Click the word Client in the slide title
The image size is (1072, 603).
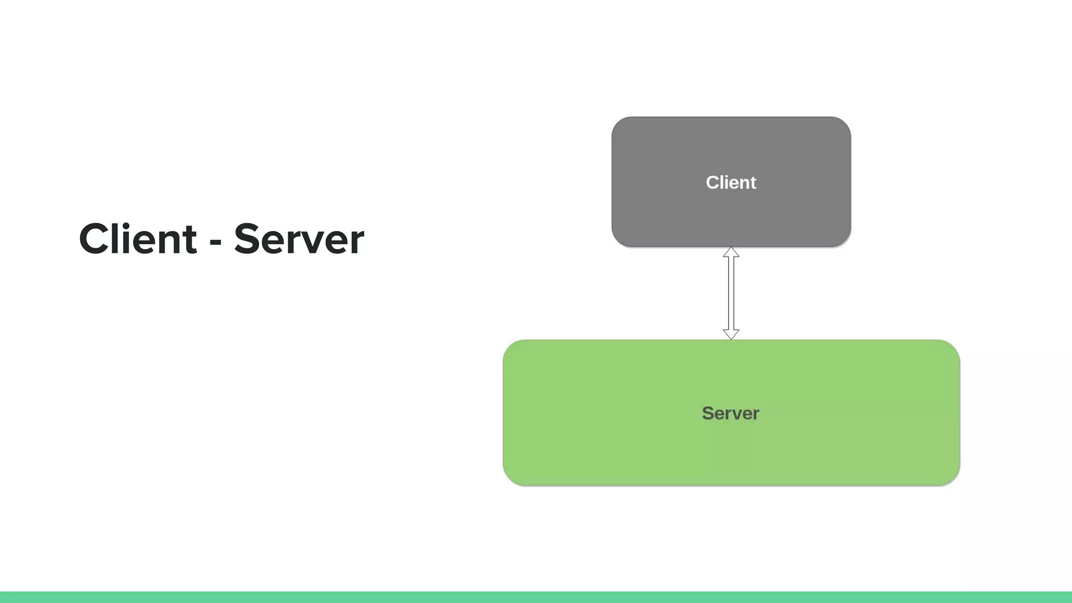coord(138,239)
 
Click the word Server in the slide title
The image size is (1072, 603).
coord(298,240)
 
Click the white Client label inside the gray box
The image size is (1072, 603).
coord(731,183)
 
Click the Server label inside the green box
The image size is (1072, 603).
coord(730,414)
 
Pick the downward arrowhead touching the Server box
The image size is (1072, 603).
coord(731,334)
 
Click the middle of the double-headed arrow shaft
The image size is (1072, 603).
coord(731,293)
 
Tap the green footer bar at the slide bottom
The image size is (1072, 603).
coord(536,597)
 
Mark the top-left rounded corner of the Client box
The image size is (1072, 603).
coord(618,124)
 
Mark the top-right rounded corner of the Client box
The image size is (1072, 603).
coord(844,124)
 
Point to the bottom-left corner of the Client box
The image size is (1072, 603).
coord(618,240)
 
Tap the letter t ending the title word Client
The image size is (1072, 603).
coord(189,241)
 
